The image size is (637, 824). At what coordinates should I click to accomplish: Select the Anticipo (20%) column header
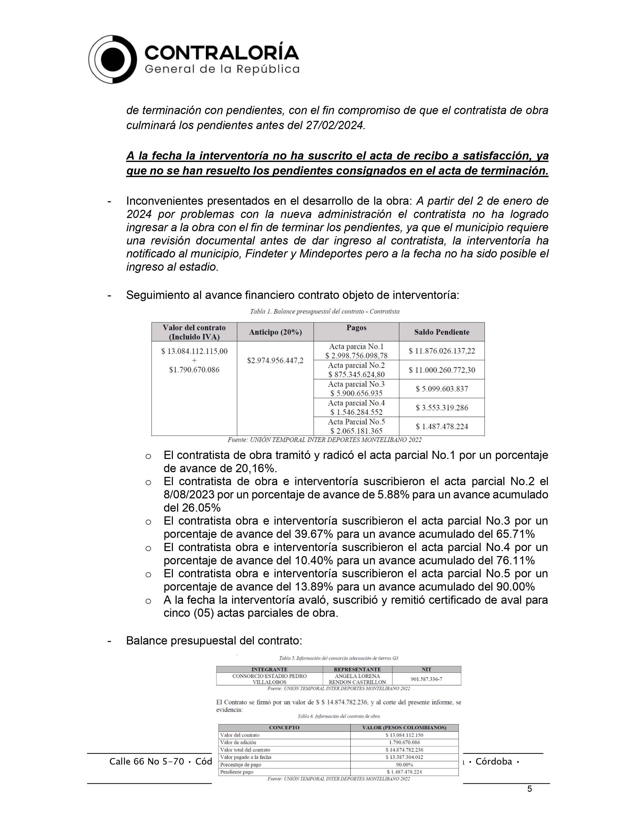[275, 332]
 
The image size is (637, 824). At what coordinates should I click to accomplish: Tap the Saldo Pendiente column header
[441, 332]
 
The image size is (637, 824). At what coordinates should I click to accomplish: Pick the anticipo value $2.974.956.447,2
[275, 360]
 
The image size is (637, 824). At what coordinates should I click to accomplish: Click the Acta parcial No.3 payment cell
[356, 389]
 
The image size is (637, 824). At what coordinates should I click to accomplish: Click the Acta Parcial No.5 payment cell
[356, 426]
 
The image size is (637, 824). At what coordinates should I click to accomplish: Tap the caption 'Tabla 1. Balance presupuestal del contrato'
[324, 312]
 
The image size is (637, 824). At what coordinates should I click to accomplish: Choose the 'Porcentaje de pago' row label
[241, 765]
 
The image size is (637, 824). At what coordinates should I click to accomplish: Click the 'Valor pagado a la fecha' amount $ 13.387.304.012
[404, 757]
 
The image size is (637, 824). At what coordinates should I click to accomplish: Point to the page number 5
[529, 789]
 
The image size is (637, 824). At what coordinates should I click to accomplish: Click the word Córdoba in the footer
[494, 762]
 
